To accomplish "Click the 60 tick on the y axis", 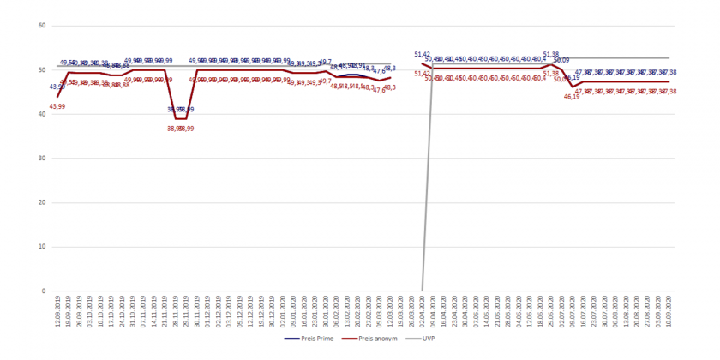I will click(x=41, y=26).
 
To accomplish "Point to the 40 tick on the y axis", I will click(x=41, y=114).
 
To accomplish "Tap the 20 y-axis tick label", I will click(x=41, y=202).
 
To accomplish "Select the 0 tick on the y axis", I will click(x=43, y=291).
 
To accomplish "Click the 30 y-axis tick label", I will click(x=41, y=159).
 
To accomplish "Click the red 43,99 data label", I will click(x=57, y=106).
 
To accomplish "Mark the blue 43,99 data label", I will click(x=57, y=87).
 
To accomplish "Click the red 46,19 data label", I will click(x=572, y=97).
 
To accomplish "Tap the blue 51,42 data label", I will click(x=422, y=54).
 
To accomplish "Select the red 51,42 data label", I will click(x=422, y=74).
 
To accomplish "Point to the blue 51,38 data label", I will click(x=551, y=54).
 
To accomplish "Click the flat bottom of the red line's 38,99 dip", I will click(x=181, y=118).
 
